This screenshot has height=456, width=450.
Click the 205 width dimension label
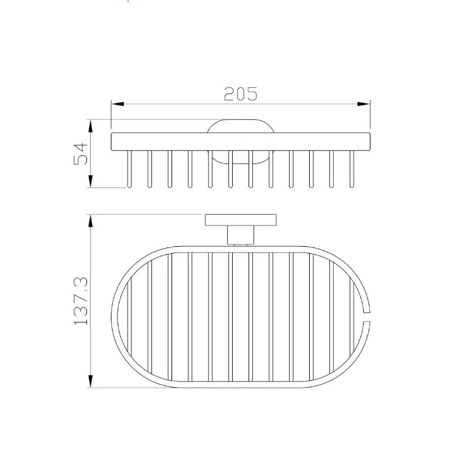(240, 94)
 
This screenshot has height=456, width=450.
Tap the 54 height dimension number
(81, 154)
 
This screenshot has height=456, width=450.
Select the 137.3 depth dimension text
(81, 301)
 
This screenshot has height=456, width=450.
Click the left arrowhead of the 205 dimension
(118, 104)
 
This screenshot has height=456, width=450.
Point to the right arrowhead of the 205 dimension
(364, 104)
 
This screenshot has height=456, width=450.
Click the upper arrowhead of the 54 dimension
(91, 126)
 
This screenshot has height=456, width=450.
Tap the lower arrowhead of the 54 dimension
(91, 181)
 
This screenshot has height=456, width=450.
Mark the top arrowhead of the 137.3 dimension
(91, 221)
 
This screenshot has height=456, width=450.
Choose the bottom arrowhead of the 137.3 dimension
(91, 381)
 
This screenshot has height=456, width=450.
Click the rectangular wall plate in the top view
(240, 220)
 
